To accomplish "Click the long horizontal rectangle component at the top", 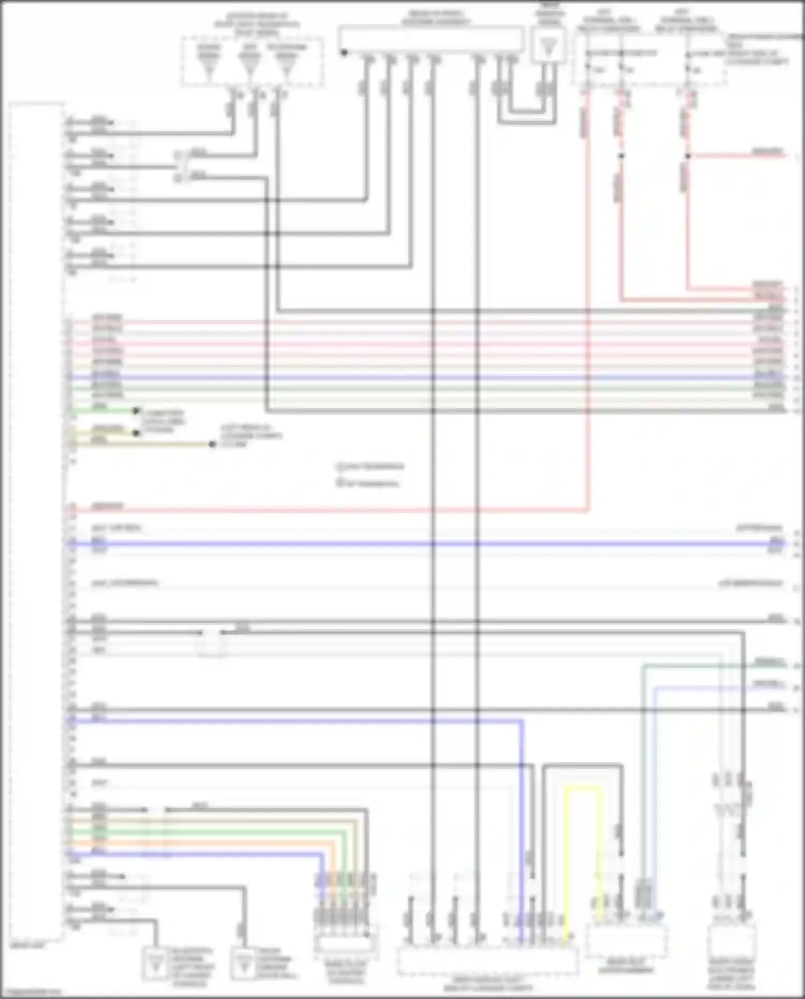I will point(430,39).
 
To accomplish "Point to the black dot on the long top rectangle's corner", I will point(344,53).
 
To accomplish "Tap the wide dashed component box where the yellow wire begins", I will point(487,961).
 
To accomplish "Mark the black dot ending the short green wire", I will point(137,411).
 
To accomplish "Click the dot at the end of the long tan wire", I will point(213,444).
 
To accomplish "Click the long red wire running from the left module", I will point(322,510).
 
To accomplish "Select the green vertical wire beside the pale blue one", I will point(643,778).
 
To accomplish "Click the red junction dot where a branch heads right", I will point(688,156).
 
